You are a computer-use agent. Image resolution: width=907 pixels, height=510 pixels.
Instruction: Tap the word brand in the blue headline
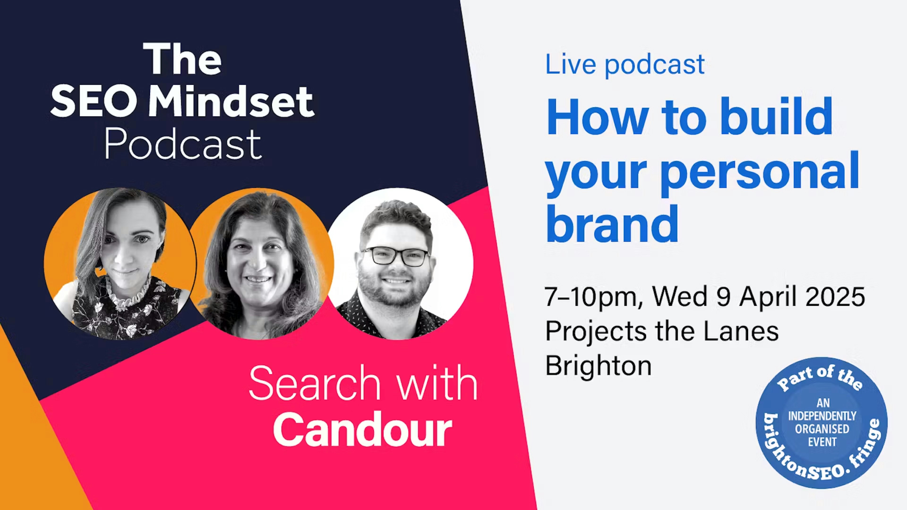click(x=612, y=224)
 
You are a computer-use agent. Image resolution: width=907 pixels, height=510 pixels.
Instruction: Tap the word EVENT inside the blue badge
click(x=822, y=442)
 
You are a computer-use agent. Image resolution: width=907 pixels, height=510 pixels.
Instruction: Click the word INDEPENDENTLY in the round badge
click(x=822, y=416)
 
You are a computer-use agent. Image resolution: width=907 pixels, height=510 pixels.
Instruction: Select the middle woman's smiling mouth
click(x=258, y=279)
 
